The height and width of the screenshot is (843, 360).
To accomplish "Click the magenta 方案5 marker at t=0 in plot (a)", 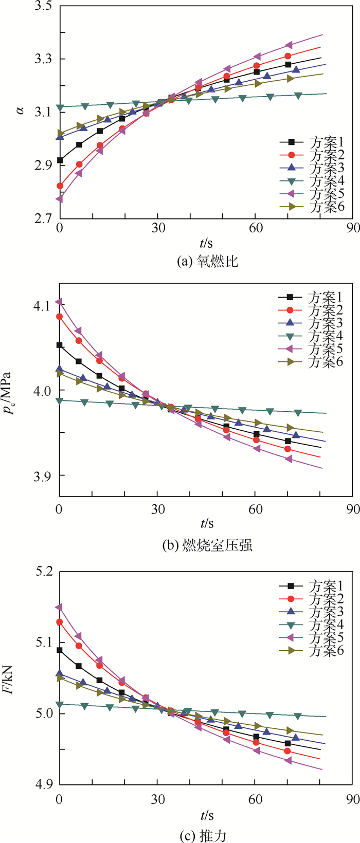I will pos(60,199).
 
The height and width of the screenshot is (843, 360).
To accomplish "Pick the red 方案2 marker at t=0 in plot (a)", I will pos(60,186).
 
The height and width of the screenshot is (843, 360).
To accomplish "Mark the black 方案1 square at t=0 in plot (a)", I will pos(60,160).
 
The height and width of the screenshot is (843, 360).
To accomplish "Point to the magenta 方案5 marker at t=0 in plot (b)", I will pos(60,302).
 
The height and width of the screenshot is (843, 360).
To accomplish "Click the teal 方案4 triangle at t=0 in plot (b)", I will pos(60,400).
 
